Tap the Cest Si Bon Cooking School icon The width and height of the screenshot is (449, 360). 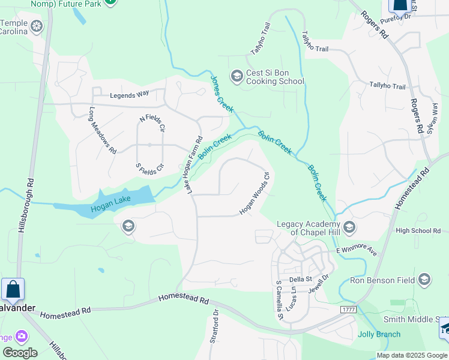pyautogui.click(x=237, y=75)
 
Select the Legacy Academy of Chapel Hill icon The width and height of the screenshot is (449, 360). pyautogui.click(x=350, y=228)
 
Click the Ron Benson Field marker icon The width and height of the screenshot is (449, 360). pyautogui.click(x=424, y=280)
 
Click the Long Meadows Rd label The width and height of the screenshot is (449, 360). pyautogui.click(x=103, y=130)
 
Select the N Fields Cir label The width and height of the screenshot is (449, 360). pyautogui.click(x=152, y=124)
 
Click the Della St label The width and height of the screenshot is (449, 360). pyautogui.click(x=301, y=279)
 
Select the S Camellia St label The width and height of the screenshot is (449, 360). pyautogui.click(x=279, y=299)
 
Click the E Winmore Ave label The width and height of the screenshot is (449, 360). pyautogui.click(x=356, y=251)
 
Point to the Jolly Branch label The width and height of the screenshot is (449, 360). pyautogui.click(x=379, y=334)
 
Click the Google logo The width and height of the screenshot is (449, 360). pyautogui.click(x=20, y=352)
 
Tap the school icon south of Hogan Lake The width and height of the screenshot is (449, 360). pyautogui.click(x=127, y=226)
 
